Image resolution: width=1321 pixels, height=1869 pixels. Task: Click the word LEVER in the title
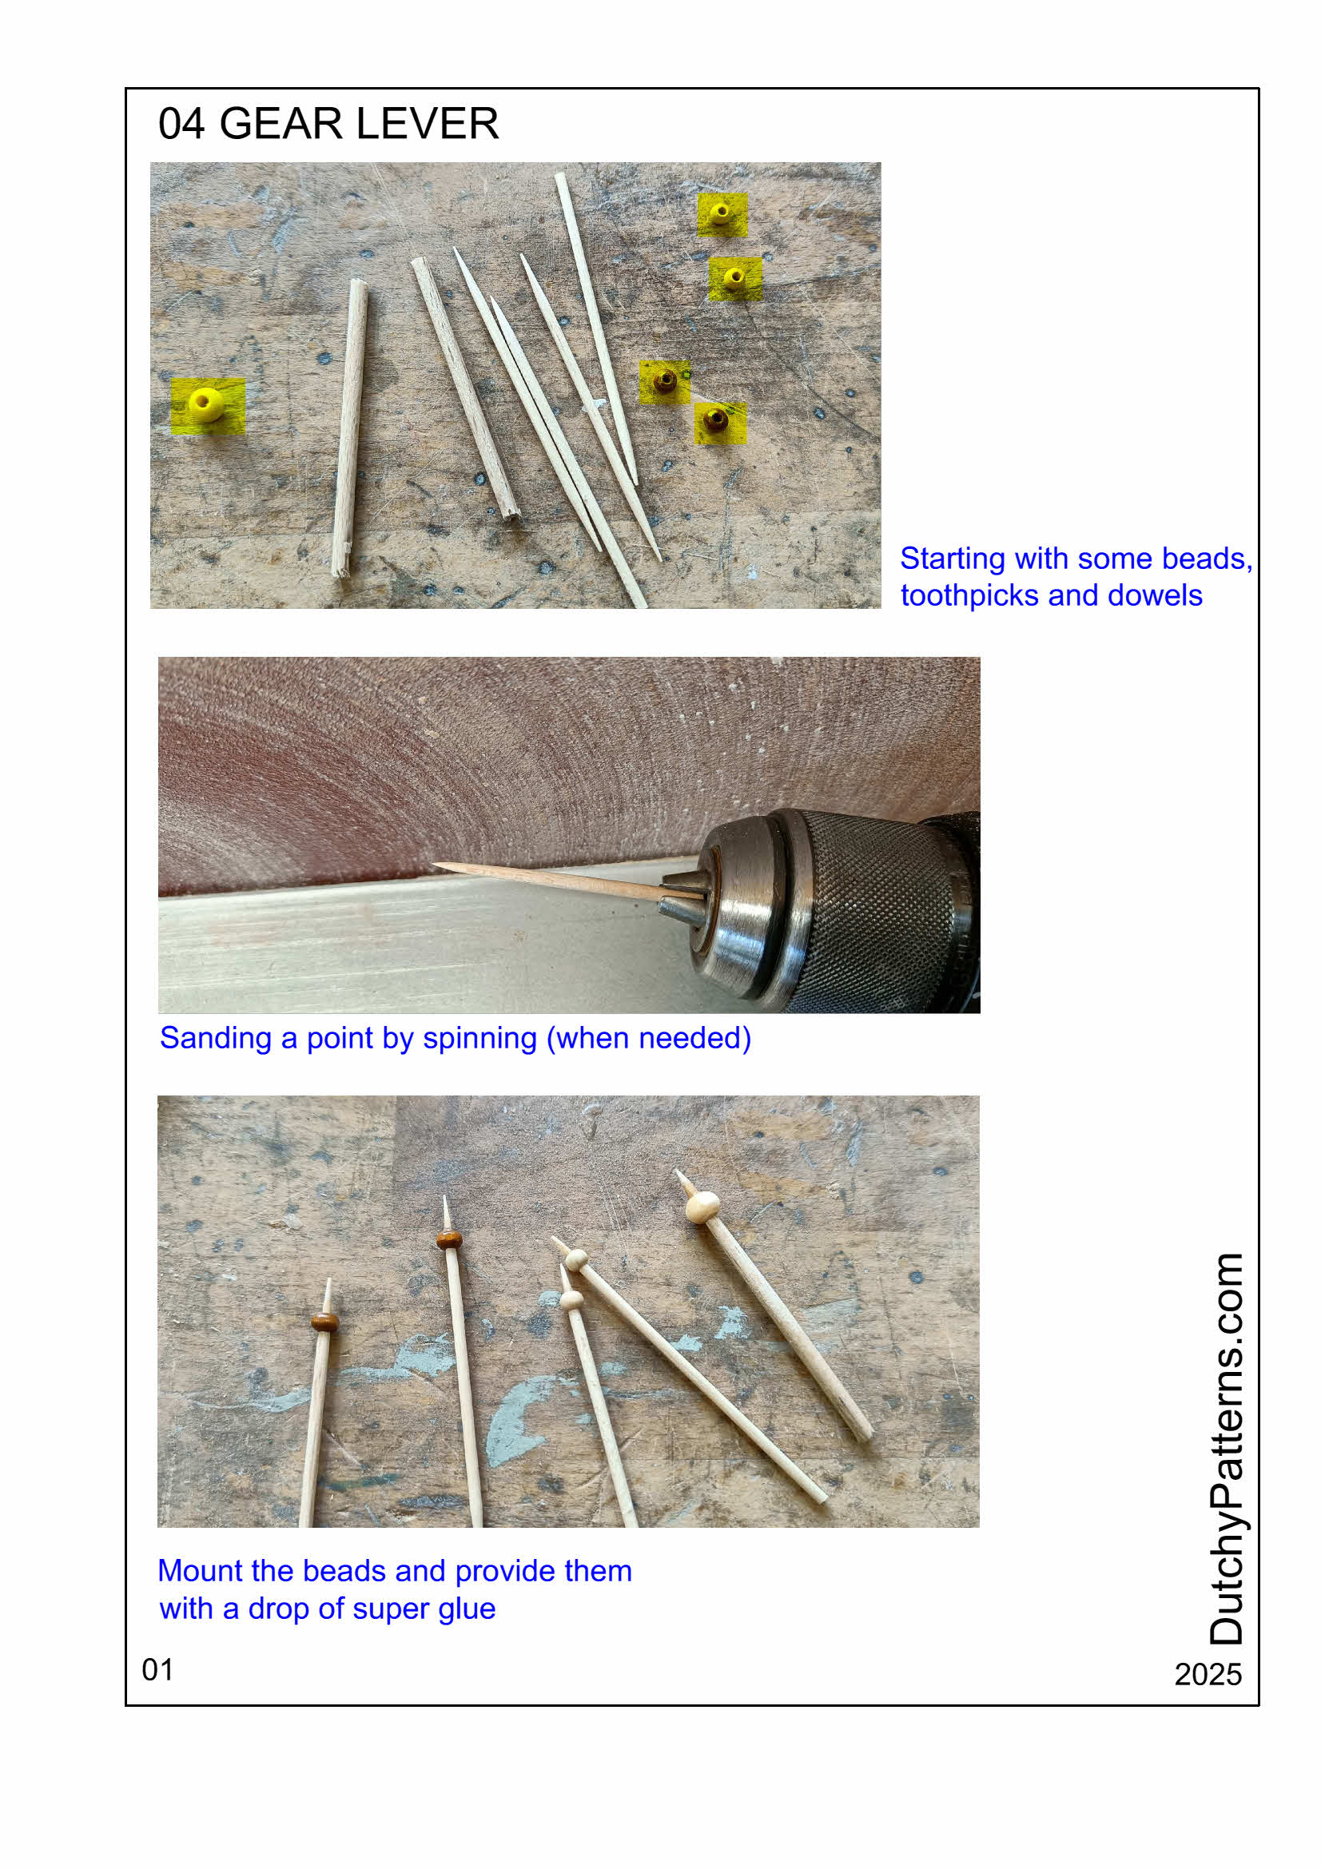click(428, 124)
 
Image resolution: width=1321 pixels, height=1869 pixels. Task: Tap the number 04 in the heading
click(181, 124)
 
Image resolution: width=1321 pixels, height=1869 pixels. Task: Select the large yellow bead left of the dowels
click(206, 404)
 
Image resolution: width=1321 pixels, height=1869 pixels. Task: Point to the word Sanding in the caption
click(215, 1039)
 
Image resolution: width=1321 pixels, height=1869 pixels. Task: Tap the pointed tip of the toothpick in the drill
click(434, 865)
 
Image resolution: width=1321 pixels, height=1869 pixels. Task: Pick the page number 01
click(157, 1669)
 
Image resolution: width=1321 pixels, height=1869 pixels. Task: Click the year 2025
click(1208, 1675)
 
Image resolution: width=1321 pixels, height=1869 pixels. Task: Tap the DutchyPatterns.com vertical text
click(1226, 1448)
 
